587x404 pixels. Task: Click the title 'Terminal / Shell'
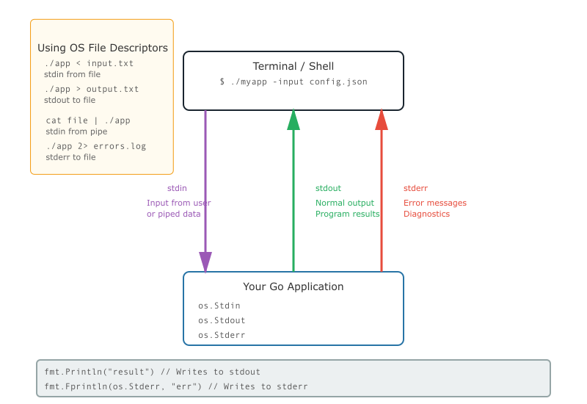[293, 66]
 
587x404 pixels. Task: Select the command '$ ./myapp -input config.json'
[293, 82]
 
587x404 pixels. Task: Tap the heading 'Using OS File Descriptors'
[103, 48]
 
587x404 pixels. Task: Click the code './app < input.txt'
[89, 63]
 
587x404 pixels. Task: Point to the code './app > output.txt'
[91, 89]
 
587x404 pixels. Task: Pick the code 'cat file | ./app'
[88, 120]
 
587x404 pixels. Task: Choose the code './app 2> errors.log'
[96, 146]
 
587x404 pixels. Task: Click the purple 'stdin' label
[177, 188]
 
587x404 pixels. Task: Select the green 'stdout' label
[328, 188]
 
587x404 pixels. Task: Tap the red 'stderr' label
[415, 188]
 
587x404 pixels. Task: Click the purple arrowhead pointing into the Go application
[205, 262]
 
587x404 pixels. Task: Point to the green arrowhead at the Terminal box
[293, 120]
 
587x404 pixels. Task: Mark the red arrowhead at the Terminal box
[382, 120]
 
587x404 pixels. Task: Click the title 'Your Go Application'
[293, 286]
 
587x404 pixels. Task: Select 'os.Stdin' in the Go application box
[219, 306]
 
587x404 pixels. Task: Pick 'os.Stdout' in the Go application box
[222, 320]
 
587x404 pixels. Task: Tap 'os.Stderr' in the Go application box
[222, 335]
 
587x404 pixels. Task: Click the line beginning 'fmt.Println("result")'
[153, 372]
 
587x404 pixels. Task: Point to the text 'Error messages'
[435, 203]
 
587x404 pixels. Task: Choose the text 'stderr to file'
[70, 157]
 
